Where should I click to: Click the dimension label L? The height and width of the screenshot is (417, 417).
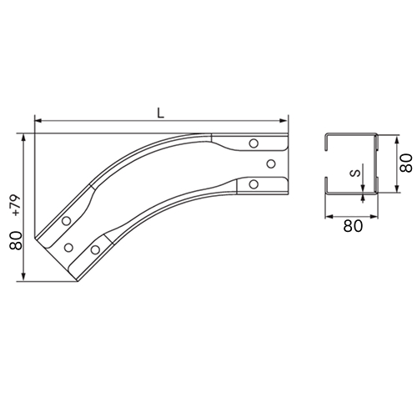(161, 113)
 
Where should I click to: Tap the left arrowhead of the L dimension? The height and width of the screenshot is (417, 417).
(38, 121)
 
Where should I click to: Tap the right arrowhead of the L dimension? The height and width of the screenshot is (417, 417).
(284, 121)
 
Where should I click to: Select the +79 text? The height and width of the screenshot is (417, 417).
(16, 205)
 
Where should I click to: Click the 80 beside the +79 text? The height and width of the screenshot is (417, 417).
(16, 240)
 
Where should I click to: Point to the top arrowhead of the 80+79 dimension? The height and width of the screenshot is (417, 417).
(24, 138)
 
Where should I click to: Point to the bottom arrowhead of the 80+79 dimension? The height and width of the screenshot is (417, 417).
(24, 277)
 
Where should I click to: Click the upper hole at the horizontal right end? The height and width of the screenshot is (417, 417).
(254, 143)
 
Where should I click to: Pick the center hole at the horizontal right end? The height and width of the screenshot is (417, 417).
(271, 163)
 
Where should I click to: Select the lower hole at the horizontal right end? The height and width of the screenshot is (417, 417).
(254, 184)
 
